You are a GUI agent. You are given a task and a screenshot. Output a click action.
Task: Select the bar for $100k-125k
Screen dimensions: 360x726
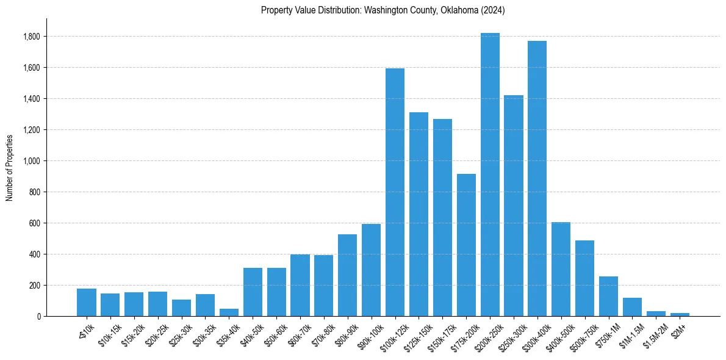[395, 192]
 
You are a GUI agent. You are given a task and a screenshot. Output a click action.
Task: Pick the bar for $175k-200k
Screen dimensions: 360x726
[466, 245]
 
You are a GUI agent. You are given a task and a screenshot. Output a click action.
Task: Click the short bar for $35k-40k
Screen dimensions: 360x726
[229, 312]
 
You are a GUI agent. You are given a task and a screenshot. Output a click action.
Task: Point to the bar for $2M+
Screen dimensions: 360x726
[680, 314]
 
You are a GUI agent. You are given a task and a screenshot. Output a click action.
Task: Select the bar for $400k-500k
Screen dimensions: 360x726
[561, 269]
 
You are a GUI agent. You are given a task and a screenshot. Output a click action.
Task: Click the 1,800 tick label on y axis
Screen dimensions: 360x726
[32, 37]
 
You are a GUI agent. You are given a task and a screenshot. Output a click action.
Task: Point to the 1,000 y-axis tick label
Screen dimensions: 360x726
[32, 161]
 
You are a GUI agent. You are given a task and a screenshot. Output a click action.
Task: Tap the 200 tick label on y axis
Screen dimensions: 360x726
[35, 286]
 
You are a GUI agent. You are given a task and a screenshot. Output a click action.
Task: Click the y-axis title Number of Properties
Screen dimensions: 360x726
[9, 167]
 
